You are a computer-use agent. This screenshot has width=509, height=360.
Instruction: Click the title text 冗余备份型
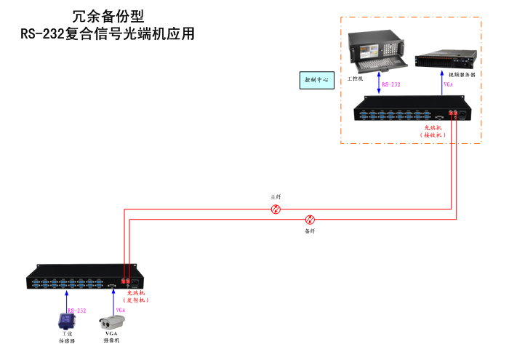coord(108,15)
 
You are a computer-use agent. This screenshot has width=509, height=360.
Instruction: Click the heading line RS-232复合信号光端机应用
coord(108,33)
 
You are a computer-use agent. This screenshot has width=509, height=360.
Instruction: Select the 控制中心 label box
coord(316,79)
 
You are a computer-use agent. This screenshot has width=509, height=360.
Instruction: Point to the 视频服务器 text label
coord(462,74)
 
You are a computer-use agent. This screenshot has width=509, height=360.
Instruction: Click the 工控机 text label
coord(356,78)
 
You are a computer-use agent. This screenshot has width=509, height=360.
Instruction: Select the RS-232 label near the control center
coord(391,84)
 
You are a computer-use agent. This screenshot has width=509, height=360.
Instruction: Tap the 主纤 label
coord(276,197)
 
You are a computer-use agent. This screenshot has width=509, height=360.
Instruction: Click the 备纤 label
coord(310,231)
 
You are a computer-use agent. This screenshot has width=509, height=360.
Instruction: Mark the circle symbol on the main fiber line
coord(276,209)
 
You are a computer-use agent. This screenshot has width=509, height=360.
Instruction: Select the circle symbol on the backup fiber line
coord(310,219)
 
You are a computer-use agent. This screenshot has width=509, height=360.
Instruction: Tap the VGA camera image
coord(113,321)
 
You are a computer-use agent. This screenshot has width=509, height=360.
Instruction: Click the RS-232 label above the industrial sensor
coord(77,311)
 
